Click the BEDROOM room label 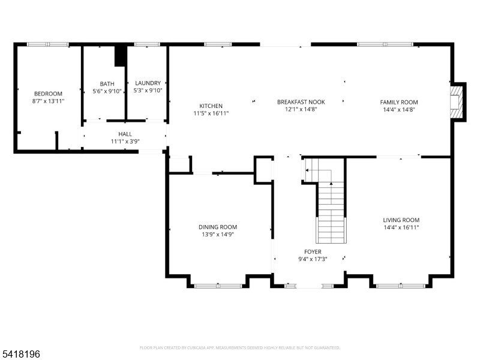48,94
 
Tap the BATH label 107,83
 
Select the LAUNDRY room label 148,83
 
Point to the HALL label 125,134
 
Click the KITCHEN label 211,106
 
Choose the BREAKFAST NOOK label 301,102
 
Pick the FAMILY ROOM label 399,102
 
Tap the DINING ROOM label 218,227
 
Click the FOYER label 313,251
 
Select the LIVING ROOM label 401,220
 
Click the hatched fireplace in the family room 455,102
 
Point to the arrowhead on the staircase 331,184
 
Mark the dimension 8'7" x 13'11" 49,101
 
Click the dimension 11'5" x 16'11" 211,113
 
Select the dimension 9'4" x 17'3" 313,259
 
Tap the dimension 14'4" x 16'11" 401,227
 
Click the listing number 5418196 20,354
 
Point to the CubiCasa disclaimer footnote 239,348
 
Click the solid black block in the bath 121,56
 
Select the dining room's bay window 218,286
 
